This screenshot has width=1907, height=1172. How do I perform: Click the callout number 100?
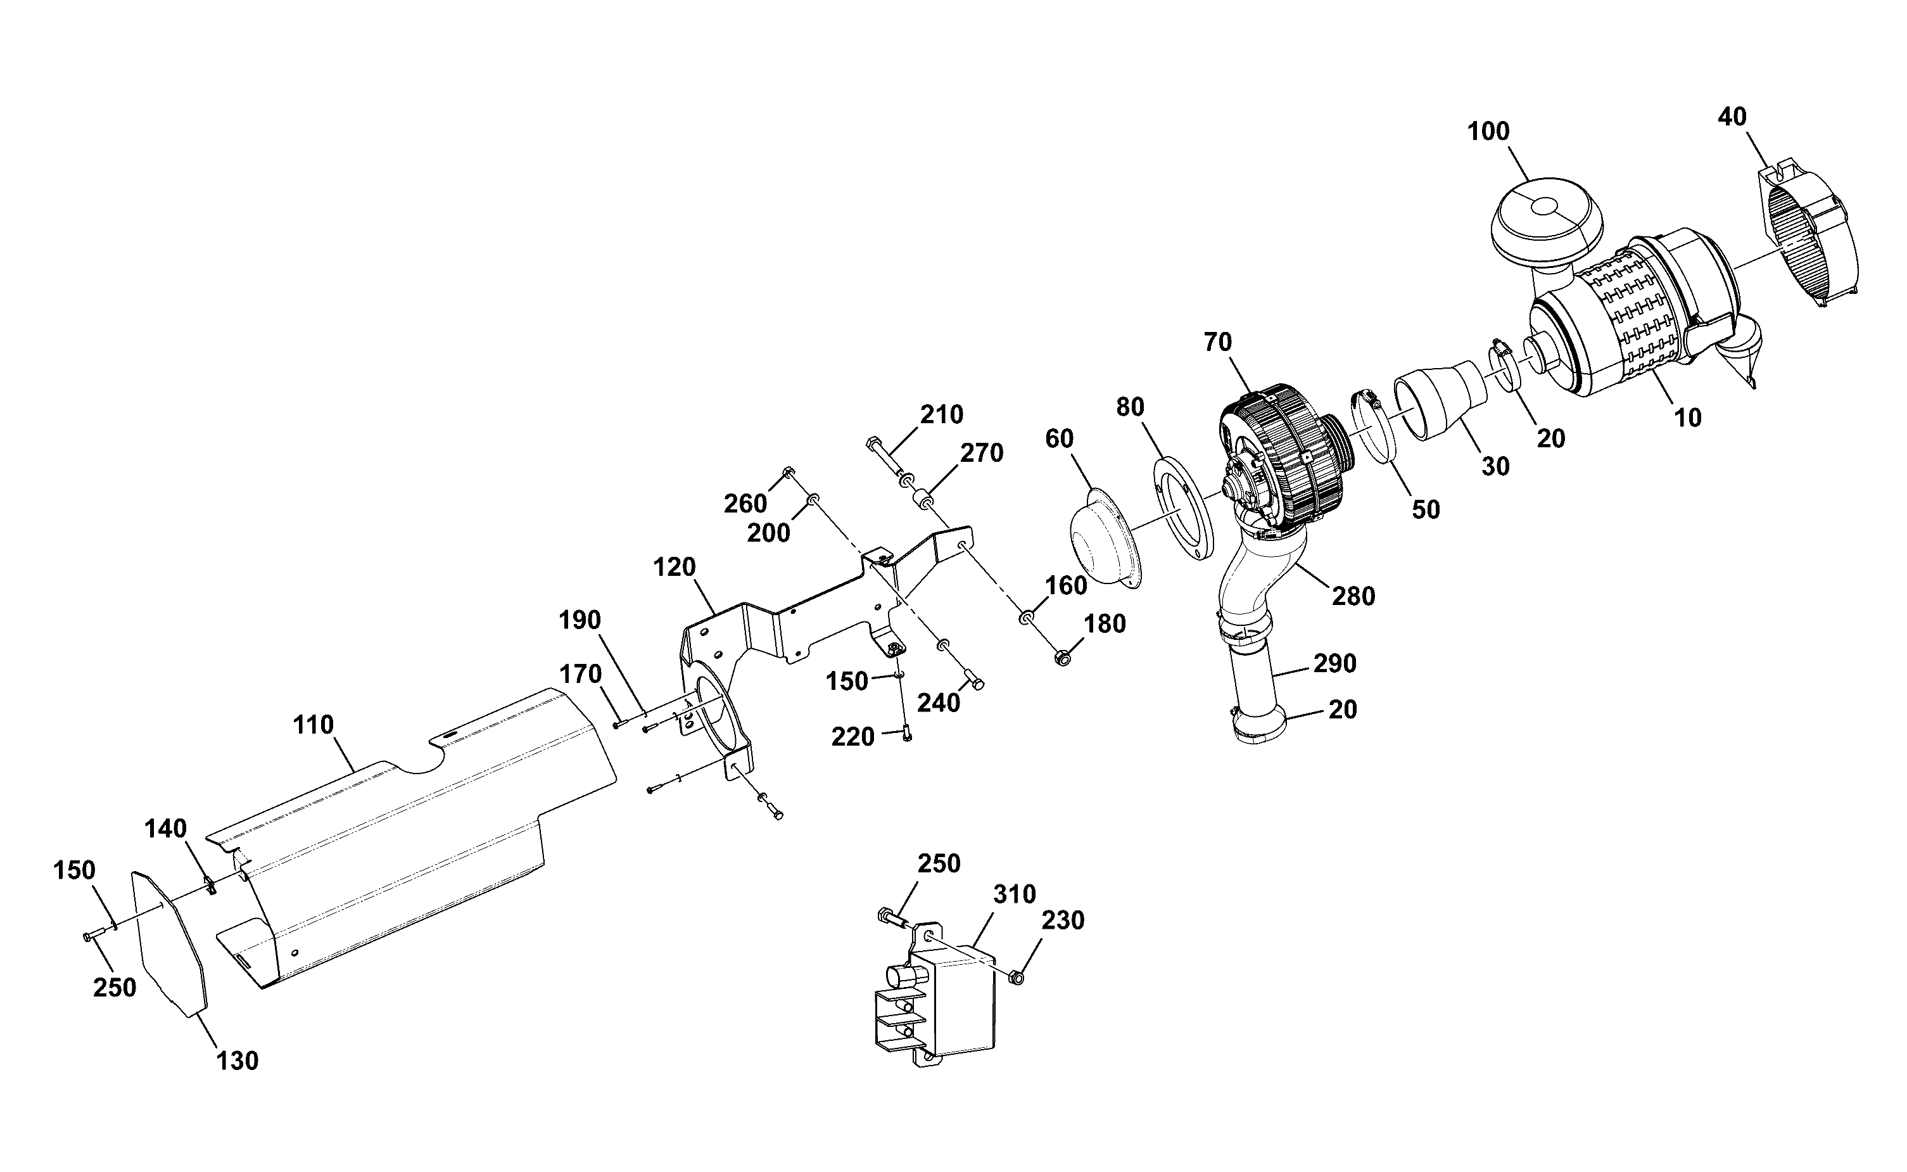1488,132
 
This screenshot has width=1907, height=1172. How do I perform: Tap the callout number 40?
1733,117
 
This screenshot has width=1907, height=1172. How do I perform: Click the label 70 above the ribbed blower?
1218,342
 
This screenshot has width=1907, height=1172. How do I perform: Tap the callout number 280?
1353,596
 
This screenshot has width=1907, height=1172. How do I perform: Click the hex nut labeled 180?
1062,658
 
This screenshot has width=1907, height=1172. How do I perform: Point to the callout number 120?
674,568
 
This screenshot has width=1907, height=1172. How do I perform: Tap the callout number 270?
982,453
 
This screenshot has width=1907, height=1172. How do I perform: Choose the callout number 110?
313,725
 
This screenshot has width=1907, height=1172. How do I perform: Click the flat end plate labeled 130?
170,942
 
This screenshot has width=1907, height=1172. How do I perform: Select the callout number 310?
1015,895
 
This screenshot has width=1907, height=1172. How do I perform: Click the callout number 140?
165,829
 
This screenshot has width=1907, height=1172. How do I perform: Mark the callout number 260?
745,504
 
